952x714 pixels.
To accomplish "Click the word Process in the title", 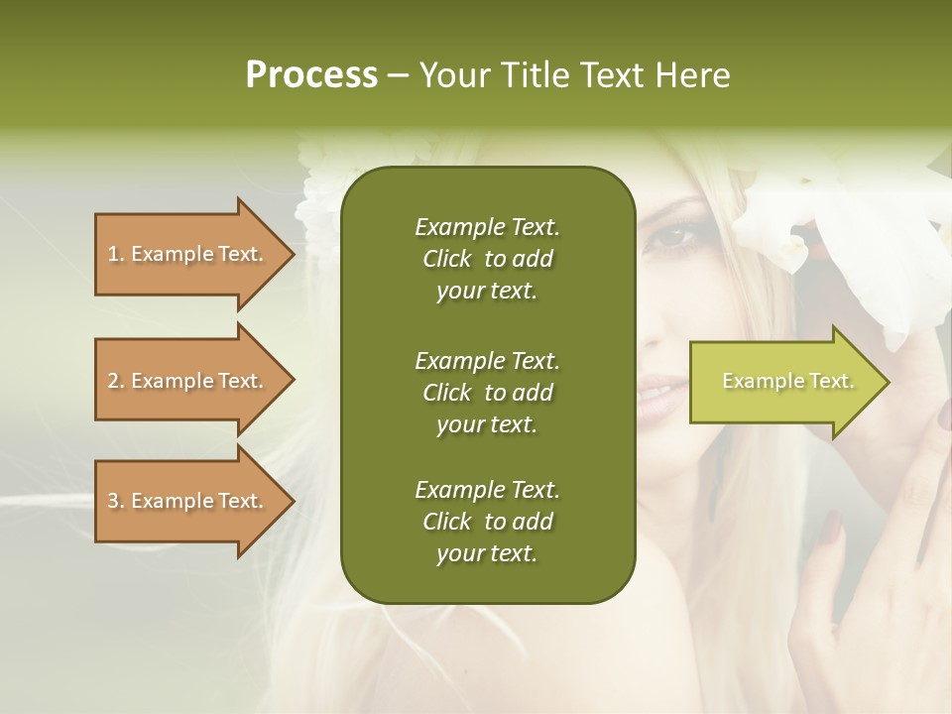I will coord(311,75).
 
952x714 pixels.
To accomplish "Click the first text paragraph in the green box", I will coord(487,259).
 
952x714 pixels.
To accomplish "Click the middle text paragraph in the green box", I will coord(487,393).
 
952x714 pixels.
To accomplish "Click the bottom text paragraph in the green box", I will coord(487,522).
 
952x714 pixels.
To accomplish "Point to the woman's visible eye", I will coord(673,237).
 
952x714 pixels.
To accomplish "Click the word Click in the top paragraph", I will coord(447,260).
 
